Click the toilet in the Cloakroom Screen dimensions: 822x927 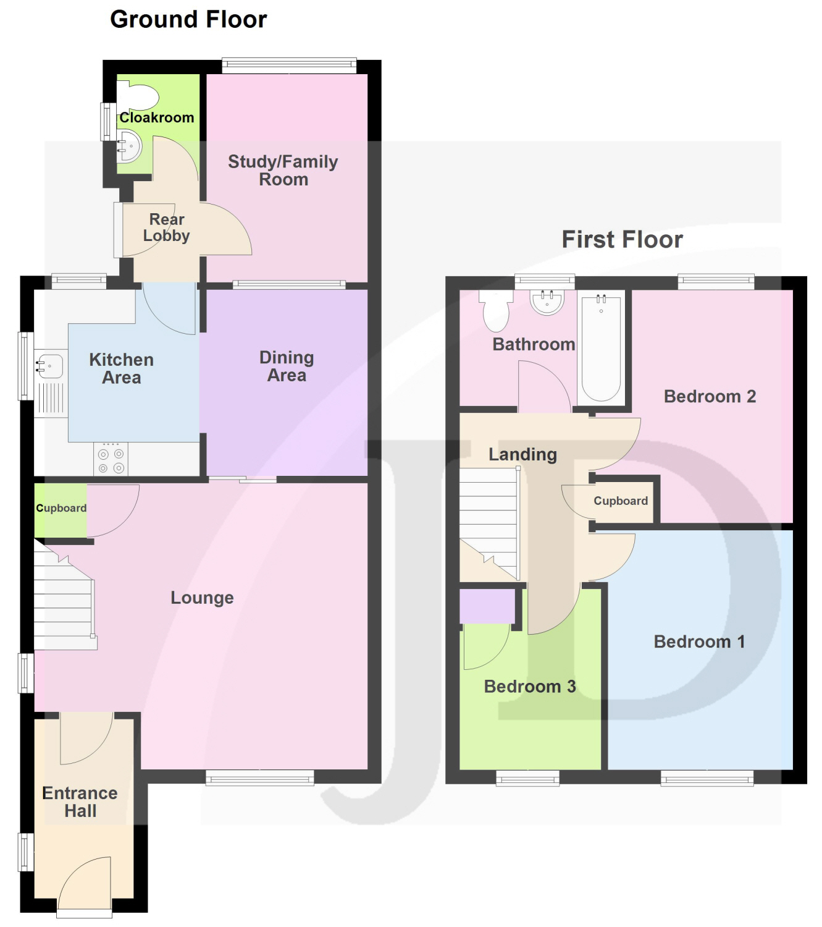tap(138, 95)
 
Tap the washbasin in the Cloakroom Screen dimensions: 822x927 tap(129, 146)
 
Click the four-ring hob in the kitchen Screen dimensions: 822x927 tap(111, 458)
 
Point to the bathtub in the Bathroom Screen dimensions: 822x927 tap(601, 348)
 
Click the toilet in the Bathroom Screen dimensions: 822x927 tap(496, 310)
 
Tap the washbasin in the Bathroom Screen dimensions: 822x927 tap(547, 302)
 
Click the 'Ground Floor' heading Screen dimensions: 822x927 tap(188, 20)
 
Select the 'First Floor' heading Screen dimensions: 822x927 tap(623, 239)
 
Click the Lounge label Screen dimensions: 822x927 tap(202, 598)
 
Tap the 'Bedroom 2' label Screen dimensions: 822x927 tap(710, 396)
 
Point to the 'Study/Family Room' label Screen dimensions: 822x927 tap(283, 170)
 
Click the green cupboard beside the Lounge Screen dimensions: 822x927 tap(61, 510)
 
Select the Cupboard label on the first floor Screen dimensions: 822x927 tap(621, 501)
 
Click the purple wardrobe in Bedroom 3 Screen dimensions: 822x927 tap(487, 606)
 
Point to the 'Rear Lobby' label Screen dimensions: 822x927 tap(166, 227)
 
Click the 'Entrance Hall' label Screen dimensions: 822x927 tap(80, 802)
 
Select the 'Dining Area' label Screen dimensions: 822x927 tap(287, 366)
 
